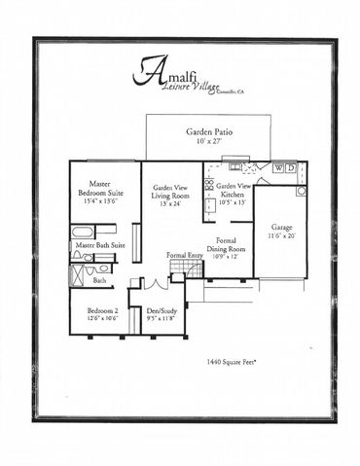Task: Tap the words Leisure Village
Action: tap(186, 88)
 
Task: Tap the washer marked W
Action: tap(280, 168)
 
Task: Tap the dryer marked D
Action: tap(292, 168)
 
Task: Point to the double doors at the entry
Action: tap(150, 283)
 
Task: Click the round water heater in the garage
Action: tap(300, 188)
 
